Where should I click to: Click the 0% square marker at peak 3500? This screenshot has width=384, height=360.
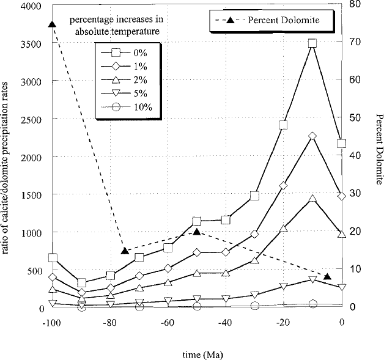[x=312, y=43]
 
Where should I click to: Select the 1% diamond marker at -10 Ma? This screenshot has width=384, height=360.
[x=312, y=136]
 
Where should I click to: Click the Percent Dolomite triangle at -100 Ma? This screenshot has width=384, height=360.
[x=52, y=24]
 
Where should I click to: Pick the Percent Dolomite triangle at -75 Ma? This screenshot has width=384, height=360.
[x=125, y=251]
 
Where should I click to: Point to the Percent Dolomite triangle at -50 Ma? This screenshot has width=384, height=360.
[x=197, y=232]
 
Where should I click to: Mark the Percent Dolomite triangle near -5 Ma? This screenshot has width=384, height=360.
[x=327, y=276]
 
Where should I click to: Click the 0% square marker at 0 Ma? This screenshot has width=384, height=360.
[x=341, y=144]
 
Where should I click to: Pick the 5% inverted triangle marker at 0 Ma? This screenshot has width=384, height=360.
[x=341, y=287]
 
